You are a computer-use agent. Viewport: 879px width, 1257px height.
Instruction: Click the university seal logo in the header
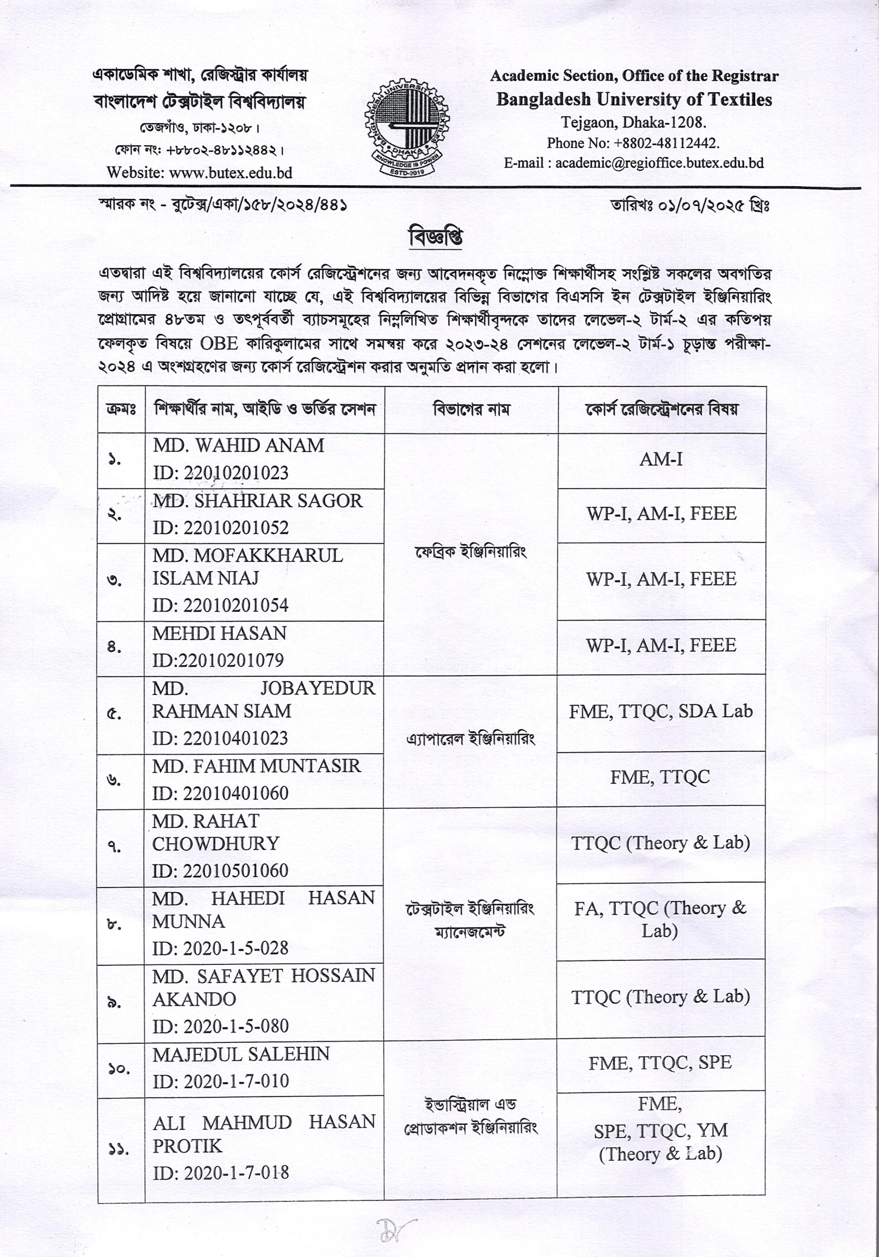coord(407,128)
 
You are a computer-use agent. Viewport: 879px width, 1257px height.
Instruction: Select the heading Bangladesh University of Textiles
coord(634,100)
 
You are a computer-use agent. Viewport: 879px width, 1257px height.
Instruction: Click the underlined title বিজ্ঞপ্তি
coord(436,237)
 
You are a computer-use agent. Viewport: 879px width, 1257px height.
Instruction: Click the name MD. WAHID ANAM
coord(238,446)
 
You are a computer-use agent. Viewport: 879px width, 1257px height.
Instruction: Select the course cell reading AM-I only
coord(661,459)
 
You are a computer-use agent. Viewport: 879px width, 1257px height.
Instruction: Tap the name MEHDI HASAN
coord(219,633)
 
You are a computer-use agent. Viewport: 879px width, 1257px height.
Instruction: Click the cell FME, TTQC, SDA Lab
coord(660,711)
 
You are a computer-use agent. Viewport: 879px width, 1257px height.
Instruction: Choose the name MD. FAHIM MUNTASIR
coord(256,766)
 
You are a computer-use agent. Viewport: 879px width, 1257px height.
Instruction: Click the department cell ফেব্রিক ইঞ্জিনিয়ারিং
coord(471,552)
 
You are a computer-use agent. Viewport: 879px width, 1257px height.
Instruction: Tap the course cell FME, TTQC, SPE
coord(660,1063)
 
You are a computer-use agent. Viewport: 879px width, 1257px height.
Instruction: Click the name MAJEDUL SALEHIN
coord(241,1054)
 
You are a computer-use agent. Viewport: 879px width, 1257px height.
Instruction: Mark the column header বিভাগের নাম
coord(471,410)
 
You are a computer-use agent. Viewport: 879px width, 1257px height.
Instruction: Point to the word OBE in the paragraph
coord(219,344)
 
